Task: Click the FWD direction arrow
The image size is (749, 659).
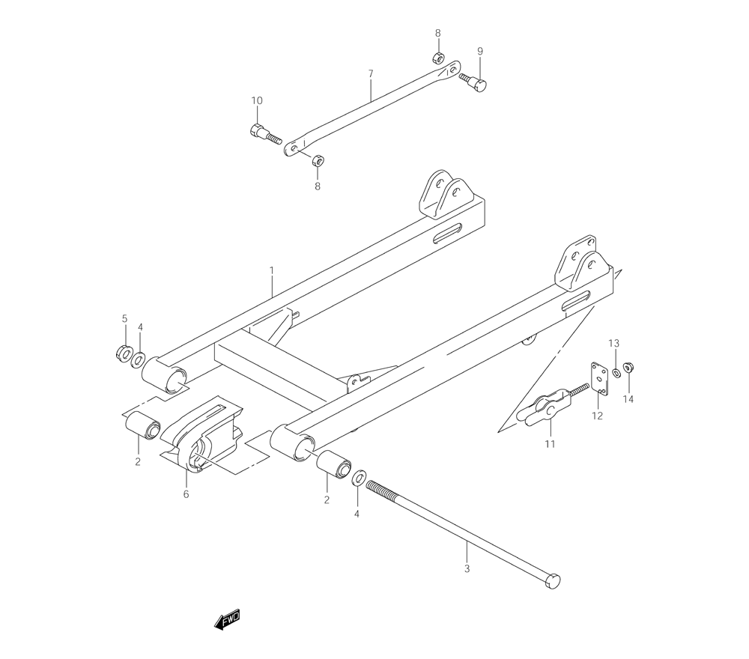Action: click(227, 620)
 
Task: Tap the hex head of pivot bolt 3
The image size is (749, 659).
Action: click(553, 581)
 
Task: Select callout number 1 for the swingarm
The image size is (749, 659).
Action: click(271, 271)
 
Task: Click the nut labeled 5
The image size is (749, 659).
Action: click(124, 353)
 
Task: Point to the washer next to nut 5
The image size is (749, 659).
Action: click(139, 359)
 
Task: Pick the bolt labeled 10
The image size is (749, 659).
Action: click(265, 134)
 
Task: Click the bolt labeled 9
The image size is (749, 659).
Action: click(473, 82)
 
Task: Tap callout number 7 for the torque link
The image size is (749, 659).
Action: click(371, 74)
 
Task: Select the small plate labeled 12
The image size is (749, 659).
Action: click(599, 378)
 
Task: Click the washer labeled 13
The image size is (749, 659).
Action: click(616, 372)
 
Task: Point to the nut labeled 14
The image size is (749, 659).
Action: click(629, 367)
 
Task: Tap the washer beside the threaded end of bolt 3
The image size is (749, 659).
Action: click(359, 478)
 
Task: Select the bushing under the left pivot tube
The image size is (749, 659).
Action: click(142, 424)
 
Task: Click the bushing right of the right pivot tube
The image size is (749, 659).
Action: click(333, 464)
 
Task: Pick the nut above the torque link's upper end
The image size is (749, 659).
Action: click(438, 58)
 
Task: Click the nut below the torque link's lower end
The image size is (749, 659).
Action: click(318, 160)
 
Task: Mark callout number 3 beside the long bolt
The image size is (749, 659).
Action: click(467, 568)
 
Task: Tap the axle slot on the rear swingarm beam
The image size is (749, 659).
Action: click(449, 233)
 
